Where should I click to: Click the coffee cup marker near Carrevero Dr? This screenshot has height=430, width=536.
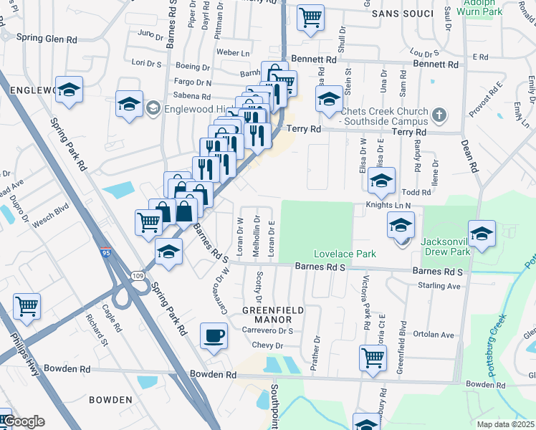214,335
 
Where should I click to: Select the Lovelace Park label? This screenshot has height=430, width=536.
335,254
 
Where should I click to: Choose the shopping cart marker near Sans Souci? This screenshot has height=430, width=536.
310,17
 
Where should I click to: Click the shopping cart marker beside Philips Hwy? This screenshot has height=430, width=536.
27,307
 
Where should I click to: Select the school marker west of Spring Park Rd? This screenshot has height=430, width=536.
70,90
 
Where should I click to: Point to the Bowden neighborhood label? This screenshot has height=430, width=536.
111,399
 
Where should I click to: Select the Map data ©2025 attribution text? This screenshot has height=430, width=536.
506,424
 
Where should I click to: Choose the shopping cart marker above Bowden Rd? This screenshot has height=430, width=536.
373,357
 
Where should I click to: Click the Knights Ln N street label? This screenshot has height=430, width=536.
389,206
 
